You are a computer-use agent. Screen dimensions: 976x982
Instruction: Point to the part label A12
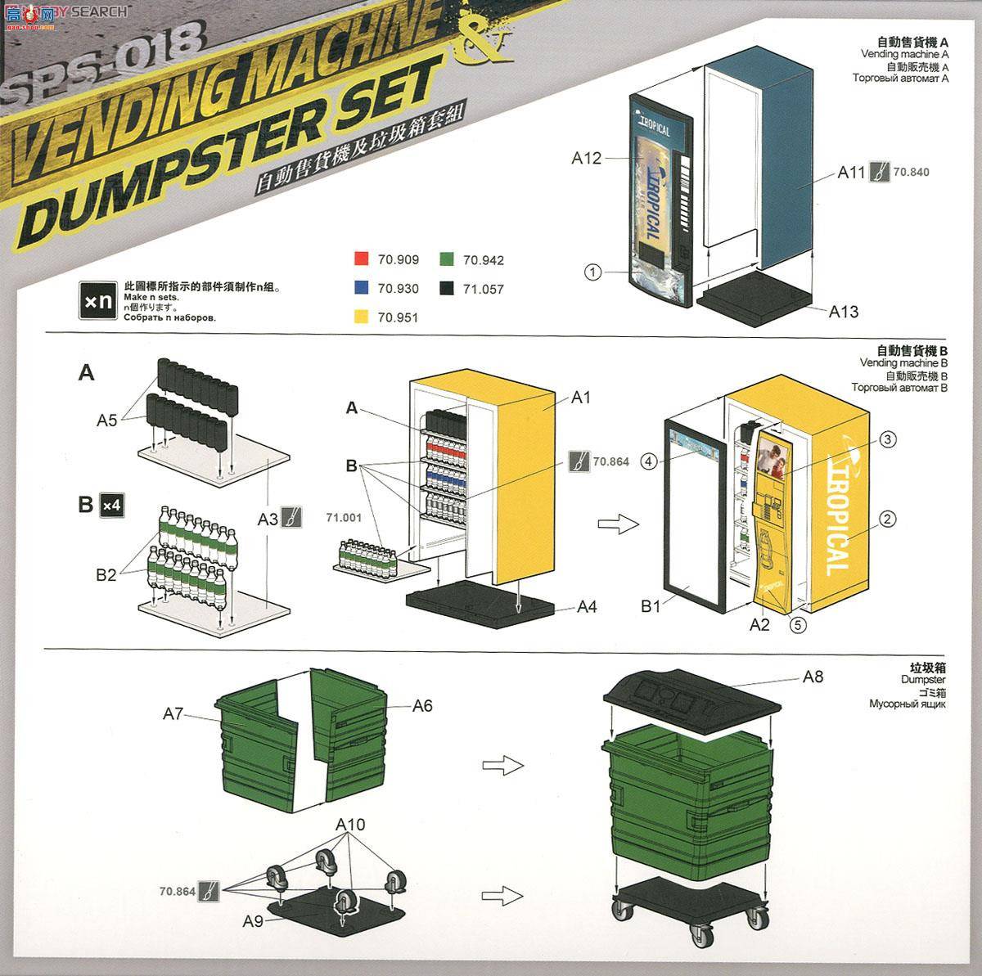(x=586, y=158)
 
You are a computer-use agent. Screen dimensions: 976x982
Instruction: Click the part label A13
(x=843, y=311)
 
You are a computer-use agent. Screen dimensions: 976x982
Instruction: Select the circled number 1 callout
(x=594, y=271)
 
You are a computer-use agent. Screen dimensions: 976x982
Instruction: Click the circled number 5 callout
(x=798, y=624)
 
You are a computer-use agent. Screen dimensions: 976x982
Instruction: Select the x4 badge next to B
(x=110, y=505)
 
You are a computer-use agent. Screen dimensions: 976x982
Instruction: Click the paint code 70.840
(x=911, y=173)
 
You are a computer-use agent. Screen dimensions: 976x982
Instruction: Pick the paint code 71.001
(x=343, y=517)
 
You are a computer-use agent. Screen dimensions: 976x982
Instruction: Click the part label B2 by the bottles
(x=106, y=574)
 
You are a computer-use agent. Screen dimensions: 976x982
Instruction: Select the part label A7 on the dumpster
(x=173, y=714)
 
